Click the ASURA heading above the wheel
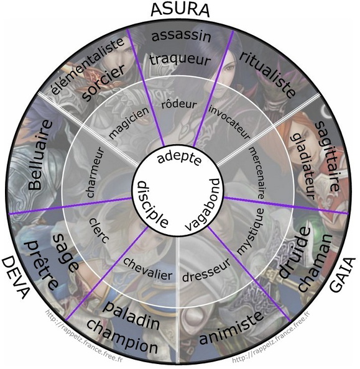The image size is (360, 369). tap(180, 10)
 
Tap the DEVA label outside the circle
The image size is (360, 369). tap(16, 278)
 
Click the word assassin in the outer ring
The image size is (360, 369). tap(181, 36)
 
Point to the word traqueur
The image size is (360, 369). tap(180, 59)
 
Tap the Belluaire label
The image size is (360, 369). tap(40, 155)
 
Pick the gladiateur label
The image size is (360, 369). tap(303, 166)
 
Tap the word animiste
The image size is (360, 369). tap(231, 327)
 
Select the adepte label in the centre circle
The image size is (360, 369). tap(180, 158)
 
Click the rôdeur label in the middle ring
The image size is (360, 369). tap(179, 104)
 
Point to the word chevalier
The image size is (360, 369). tap(148, 269)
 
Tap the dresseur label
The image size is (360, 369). tap(206, 270)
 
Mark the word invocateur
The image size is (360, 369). tap(229, 122)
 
